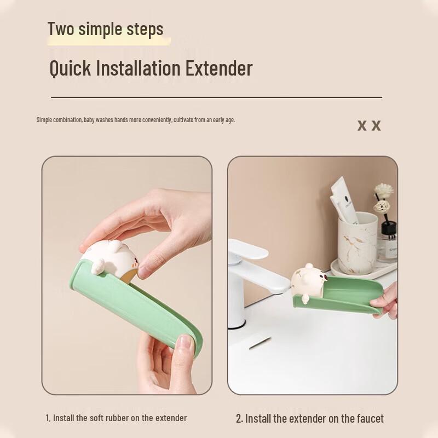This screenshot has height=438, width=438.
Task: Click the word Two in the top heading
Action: (x=61, y=28)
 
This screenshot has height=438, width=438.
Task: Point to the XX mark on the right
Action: (x=369, y=125)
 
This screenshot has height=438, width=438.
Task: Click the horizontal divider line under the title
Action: (x=216, y=97)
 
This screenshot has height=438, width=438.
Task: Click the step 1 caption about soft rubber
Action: (x=116, y=418)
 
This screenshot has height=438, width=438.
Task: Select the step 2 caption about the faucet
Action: (x=310, y=418)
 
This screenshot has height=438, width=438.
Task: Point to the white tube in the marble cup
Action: (x=344, y=199)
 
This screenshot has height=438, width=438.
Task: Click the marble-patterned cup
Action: (x=358, y=244)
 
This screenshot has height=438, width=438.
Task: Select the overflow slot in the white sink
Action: (x=259, y=343)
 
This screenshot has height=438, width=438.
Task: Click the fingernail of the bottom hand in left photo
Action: (x=186, y=343)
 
